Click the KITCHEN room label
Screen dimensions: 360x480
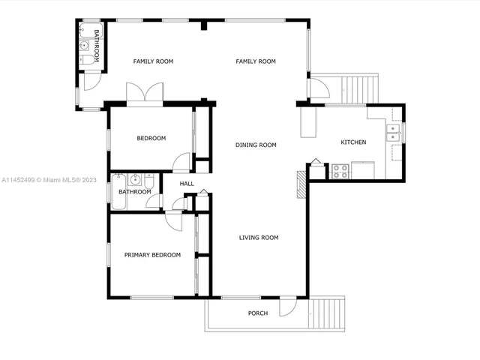(353, 142)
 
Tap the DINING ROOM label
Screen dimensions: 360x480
(256, 145)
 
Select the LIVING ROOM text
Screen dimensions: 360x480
(259, 238)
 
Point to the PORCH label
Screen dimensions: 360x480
(258, 313)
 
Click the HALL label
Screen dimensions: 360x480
(187, 184)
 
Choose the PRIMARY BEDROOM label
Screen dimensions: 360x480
(152, 255)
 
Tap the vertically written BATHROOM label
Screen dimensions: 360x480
(97, 43)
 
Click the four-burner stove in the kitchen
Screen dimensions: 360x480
(340, 171)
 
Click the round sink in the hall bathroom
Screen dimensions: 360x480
(135, 180)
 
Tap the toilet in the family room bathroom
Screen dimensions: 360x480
(86, 58)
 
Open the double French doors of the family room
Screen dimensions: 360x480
(144, 94)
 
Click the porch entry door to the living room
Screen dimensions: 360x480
(287, 307)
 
